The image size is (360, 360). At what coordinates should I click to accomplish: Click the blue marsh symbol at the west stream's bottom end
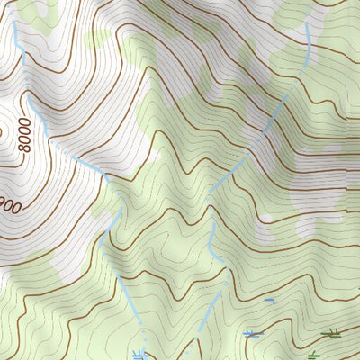click(139, 355)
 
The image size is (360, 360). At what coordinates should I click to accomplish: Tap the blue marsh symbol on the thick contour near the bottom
click(253, 334)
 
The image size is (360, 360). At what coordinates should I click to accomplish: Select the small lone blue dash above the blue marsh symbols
click(269, 300)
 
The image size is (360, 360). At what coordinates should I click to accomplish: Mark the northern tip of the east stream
click(309, 24)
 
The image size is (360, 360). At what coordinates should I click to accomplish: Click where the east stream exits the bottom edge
click(199, 357)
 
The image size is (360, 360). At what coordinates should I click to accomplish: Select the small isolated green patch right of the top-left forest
click(96, 39)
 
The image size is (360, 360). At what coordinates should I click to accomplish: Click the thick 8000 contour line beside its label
click(36, 148)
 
